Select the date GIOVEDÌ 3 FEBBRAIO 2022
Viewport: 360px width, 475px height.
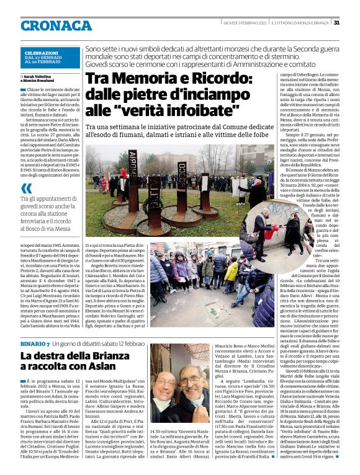click(x=245, y=22)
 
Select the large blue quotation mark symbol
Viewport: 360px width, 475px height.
click(x=26, y=187)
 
